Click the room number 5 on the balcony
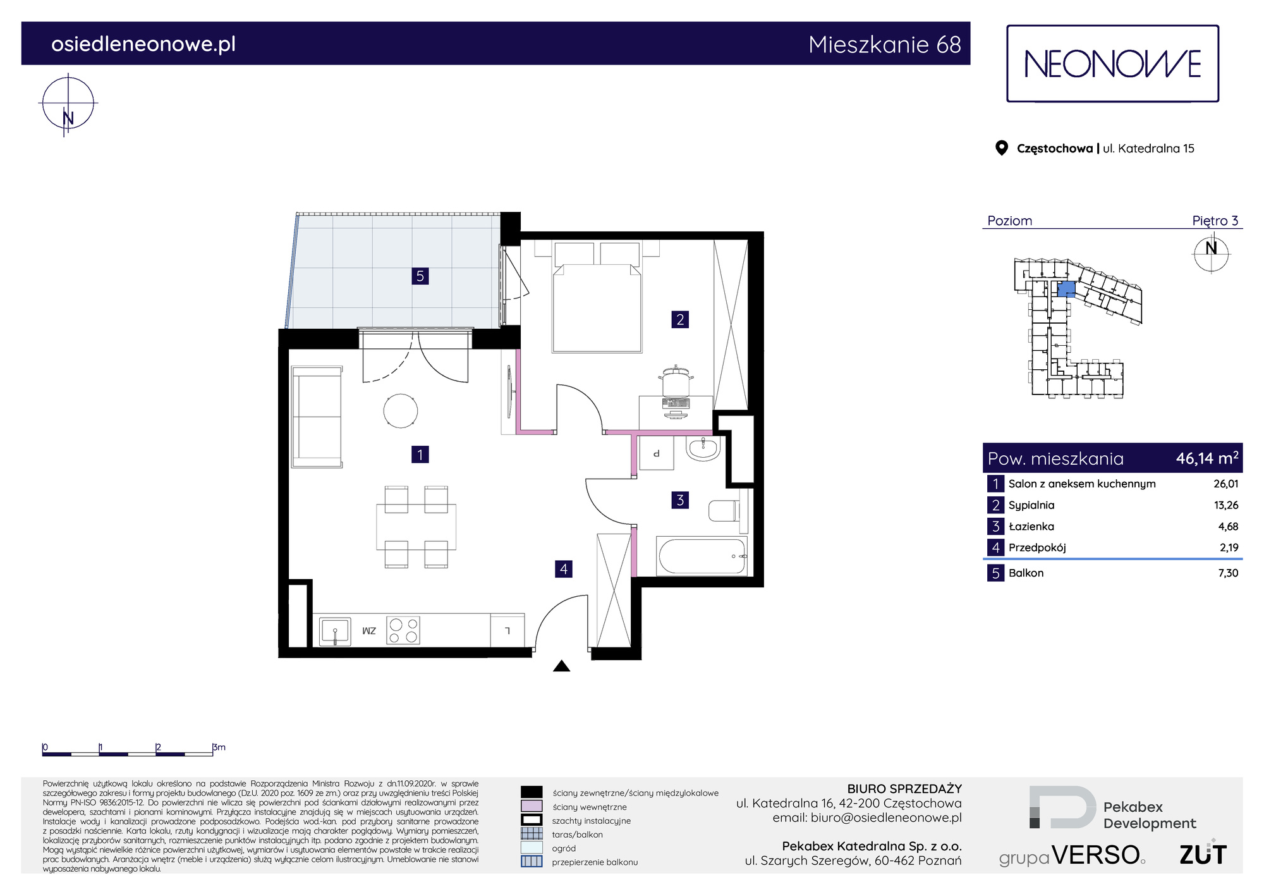point(420,276)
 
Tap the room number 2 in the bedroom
point(680,319)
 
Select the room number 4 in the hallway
point(564,569)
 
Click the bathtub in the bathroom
point(702,556)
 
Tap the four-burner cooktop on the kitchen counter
point(403,630)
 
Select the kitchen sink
point(335,631)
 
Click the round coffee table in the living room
point(401,410)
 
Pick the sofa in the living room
point(317,417)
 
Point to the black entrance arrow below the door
point(562,666)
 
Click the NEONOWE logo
point(1112,64)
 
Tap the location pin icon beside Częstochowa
point(1001,148)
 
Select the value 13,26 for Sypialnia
point(1226,505)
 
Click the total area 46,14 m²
point(1207,458)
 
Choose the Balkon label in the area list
point(1026,573)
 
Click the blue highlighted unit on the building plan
point(1066,290)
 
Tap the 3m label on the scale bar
point(219,747)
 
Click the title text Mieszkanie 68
point(885,44)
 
